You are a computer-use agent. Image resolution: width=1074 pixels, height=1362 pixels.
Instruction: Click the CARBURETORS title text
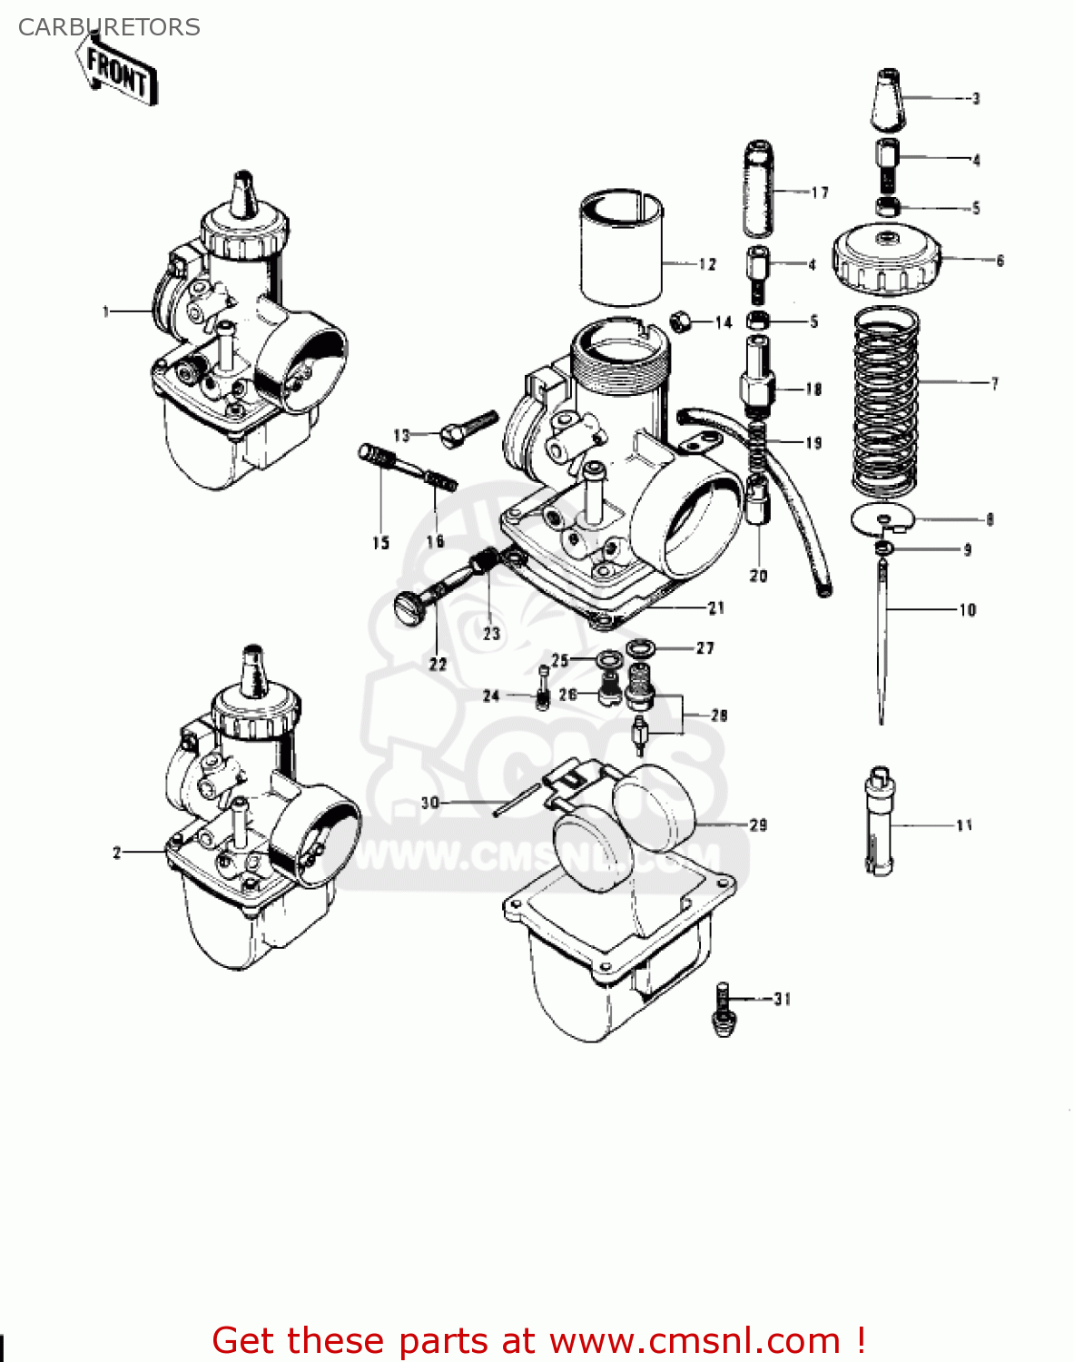pyautogui.click(x=109, y=27)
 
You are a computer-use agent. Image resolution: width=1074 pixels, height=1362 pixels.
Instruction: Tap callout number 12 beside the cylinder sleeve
pyautogui.click(x=707, y=264)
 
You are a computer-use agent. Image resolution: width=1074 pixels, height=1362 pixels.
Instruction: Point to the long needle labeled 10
pyautogui.click(x=881, y=636)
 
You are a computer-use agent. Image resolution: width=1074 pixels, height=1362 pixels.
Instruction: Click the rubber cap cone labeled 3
pyautogui.click(x=888, y=100)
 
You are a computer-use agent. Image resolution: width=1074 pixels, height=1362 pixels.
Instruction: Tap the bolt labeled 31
pyautogui.click(x=724, y=1009)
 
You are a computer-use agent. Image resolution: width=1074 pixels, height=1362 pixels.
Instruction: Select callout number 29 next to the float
pyautogui.click(x=758, y=825)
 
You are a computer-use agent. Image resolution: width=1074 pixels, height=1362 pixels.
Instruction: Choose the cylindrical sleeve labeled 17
pyautogui.click(x=759, y=188)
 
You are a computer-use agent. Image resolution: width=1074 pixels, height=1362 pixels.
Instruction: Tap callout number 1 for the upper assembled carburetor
pyautogui.click(x=105, y=312)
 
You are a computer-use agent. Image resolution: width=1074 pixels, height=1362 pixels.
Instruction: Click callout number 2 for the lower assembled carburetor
pyautogui.click(x=116, y=853)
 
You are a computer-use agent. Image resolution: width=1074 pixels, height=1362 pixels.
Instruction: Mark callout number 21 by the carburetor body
pyautogui.click(x=716, y=607)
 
